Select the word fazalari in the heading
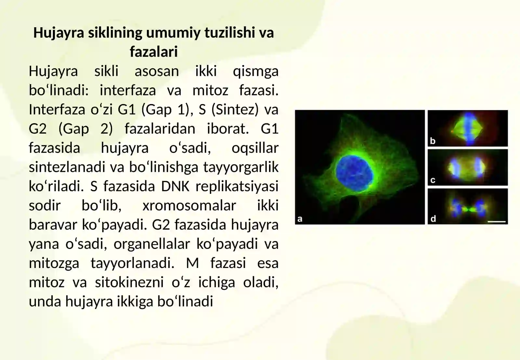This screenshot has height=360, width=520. point(154,52)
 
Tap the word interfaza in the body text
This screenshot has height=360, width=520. point(128,90)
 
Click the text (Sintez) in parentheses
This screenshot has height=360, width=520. point(235,110)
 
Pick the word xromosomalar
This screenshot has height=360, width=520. point(189,206)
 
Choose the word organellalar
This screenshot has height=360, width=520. point(151,244)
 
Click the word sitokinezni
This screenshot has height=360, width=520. point(129,282)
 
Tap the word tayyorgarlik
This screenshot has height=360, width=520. point(241,167)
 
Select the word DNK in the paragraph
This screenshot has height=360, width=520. point(175,186)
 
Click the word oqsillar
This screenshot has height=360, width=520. point(255,148)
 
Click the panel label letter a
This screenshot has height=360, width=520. point(300,219)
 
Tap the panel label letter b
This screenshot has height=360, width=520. point(433,141)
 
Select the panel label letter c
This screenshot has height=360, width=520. point(433,180)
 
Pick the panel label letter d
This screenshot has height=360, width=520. point(433,219)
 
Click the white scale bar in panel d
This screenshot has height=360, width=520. point(497,222)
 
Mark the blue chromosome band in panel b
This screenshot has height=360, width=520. point(469,128)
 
